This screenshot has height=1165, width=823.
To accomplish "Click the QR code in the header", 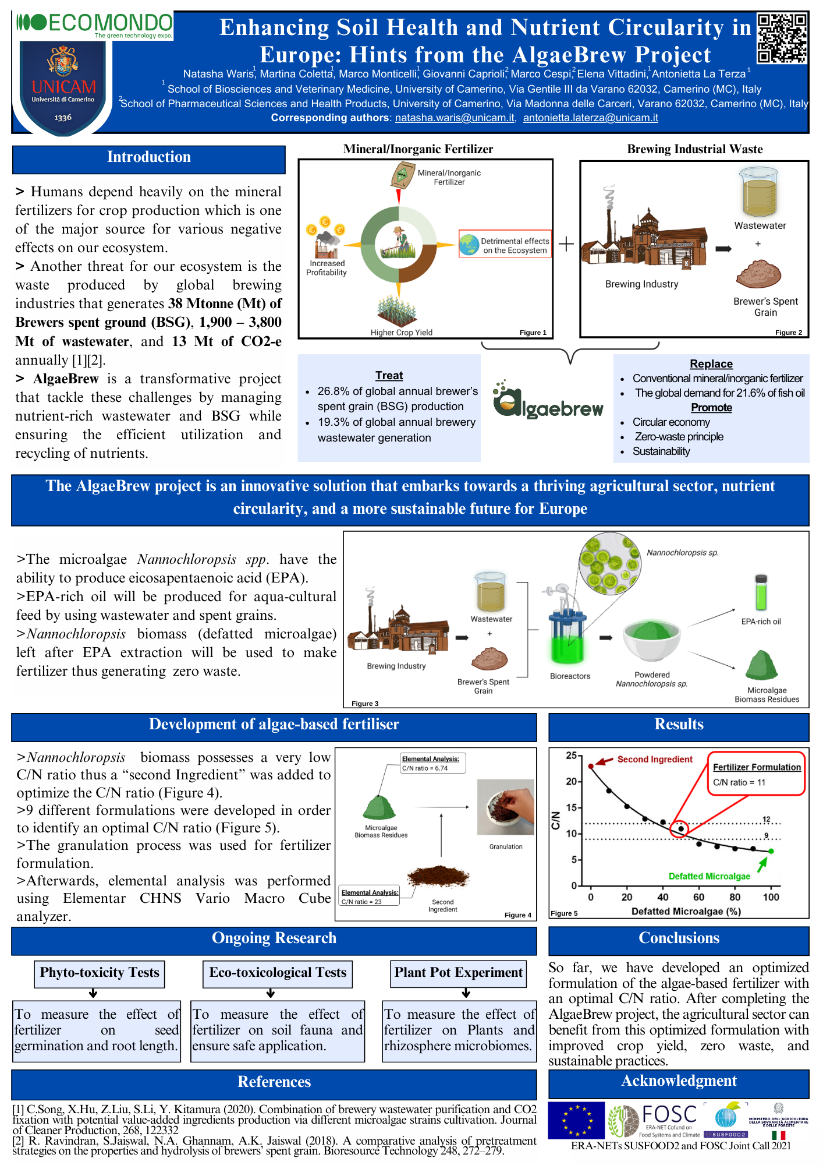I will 782,38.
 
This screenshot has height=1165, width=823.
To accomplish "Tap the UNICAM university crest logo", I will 63,87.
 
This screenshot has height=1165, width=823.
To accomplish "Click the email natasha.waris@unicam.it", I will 455,118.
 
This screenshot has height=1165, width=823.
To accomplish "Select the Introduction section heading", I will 149,158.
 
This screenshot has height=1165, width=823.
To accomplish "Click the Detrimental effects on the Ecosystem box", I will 505,245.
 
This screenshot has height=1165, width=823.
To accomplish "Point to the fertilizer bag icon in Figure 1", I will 402,175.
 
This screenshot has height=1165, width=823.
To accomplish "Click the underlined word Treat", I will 389,376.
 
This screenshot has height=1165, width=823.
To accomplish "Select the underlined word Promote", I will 711,408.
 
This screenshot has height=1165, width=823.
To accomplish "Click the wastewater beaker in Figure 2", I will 759,192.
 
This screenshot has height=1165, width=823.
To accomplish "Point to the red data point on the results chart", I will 591,767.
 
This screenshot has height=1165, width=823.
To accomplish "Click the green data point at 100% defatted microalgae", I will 771,851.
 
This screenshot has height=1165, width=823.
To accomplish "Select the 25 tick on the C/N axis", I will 571,756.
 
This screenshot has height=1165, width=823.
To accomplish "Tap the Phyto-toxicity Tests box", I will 100,973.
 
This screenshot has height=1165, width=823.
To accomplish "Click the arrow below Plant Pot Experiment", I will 464,993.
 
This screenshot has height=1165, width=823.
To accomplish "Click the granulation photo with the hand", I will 505,807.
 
